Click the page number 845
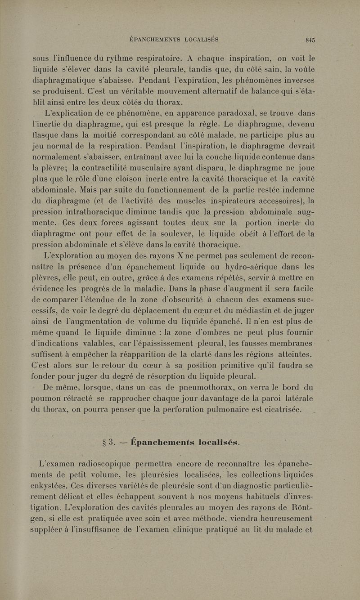310,39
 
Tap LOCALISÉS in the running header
201,39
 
